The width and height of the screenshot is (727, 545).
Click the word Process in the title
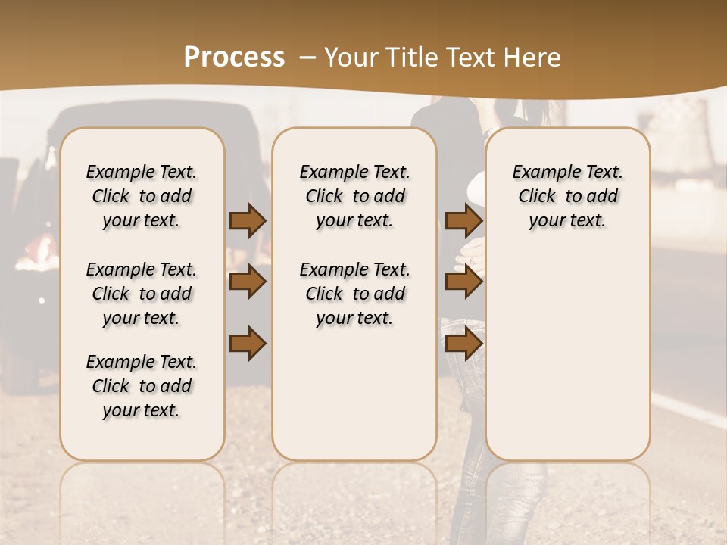point(234,57)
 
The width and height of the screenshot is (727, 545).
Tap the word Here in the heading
point(533,58)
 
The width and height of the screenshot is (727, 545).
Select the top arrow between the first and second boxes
point(248,220)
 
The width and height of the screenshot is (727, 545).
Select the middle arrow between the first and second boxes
point(248,282)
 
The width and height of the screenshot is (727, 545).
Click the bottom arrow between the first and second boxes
point(248,344)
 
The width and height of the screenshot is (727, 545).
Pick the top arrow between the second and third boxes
point(463,220)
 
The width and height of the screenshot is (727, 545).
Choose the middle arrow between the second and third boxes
point(463,282)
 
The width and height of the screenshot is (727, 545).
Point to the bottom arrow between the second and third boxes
point(463,344)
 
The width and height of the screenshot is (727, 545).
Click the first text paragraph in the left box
point(142,196)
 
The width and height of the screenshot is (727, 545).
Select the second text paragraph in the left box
point(142,294)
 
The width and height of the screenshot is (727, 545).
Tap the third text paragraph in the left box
point(142,386)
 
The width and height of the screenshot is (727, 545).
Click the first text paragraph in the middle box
point(354,196)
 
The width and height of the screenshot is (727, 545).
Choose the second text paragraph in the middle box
point(354,294)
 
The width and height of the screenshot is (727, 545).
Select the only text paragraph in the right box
point(567,196)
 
